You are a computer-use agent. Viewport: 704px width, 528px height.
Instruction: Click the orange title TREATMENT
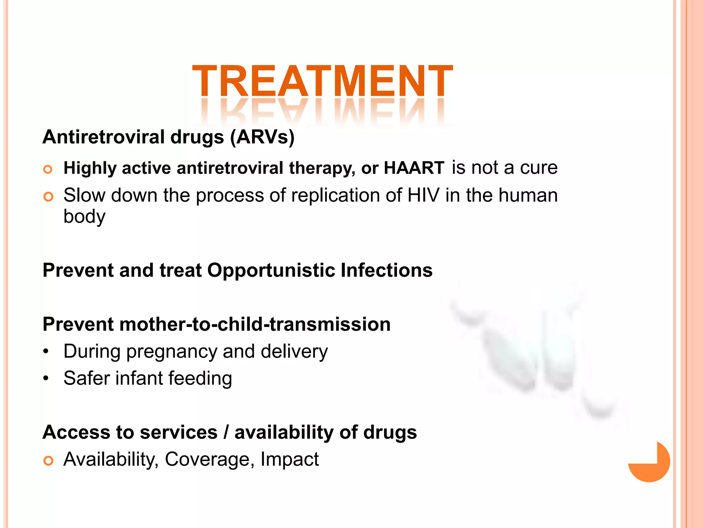pyautogui.click(x=322, y=81)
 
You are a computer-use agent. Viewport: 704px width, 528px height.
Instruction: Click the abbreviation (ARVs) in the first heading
pyautogui.click(x=262, y=137)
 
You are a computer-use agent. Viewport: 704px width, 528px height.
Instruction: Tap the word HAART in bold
pyautogui.click(x=414, y=168)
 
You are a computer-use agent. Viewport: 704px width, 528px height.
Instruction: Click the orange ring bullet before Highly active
pyautogui.click(x=48, y=169)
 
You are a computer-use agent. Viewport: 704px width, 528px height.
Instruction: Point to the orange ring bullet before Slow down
pyautogui.click(x=48, y=197)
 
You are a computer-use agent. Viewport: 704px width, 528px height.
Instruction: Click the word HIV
pyautogui.click(x=423, y=195)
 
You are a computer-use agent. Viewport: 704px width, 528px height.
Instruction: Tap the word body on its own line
pyautogui.click(x=84, y=217)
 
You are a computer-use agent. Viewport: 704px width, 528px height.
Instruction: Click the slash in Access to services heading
pyautogui.click(x=226, y=432)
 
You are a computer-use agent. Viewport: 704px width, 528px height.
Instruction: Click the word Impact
pyautogui.click(x=289, y=459)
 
